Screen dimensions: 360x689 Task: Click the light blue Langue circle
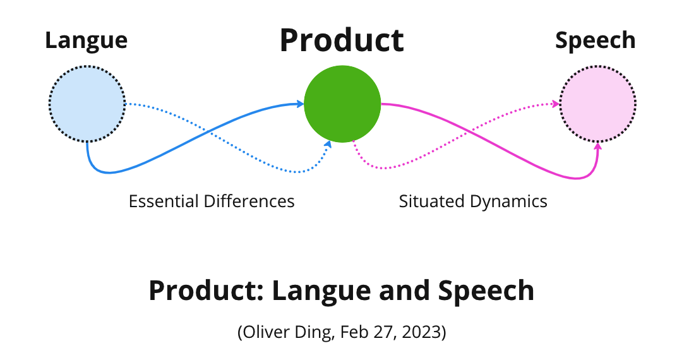tap(87, 104)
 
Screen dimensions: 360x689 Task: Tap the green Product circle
tap(342, 104)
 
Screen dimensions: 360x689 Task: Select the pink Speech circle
tap(597, 104)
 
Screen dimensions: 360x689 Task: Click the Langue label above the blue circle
tap(86, 40)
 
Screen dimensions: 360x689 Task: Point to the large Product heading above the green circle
tap(342, 40)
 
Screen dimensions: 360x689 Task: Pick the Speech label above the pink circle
tap(596, 40)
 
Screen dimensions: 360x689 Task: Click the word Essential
tap(164, 201)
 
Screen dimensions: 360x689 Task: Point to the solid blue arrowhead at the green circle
tap(299, 104)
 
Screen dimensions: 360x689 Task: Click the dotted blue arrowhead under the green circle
tap(328, 145)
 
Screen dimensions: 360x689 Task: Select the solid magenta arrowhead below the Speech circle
tap(598, 148)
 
